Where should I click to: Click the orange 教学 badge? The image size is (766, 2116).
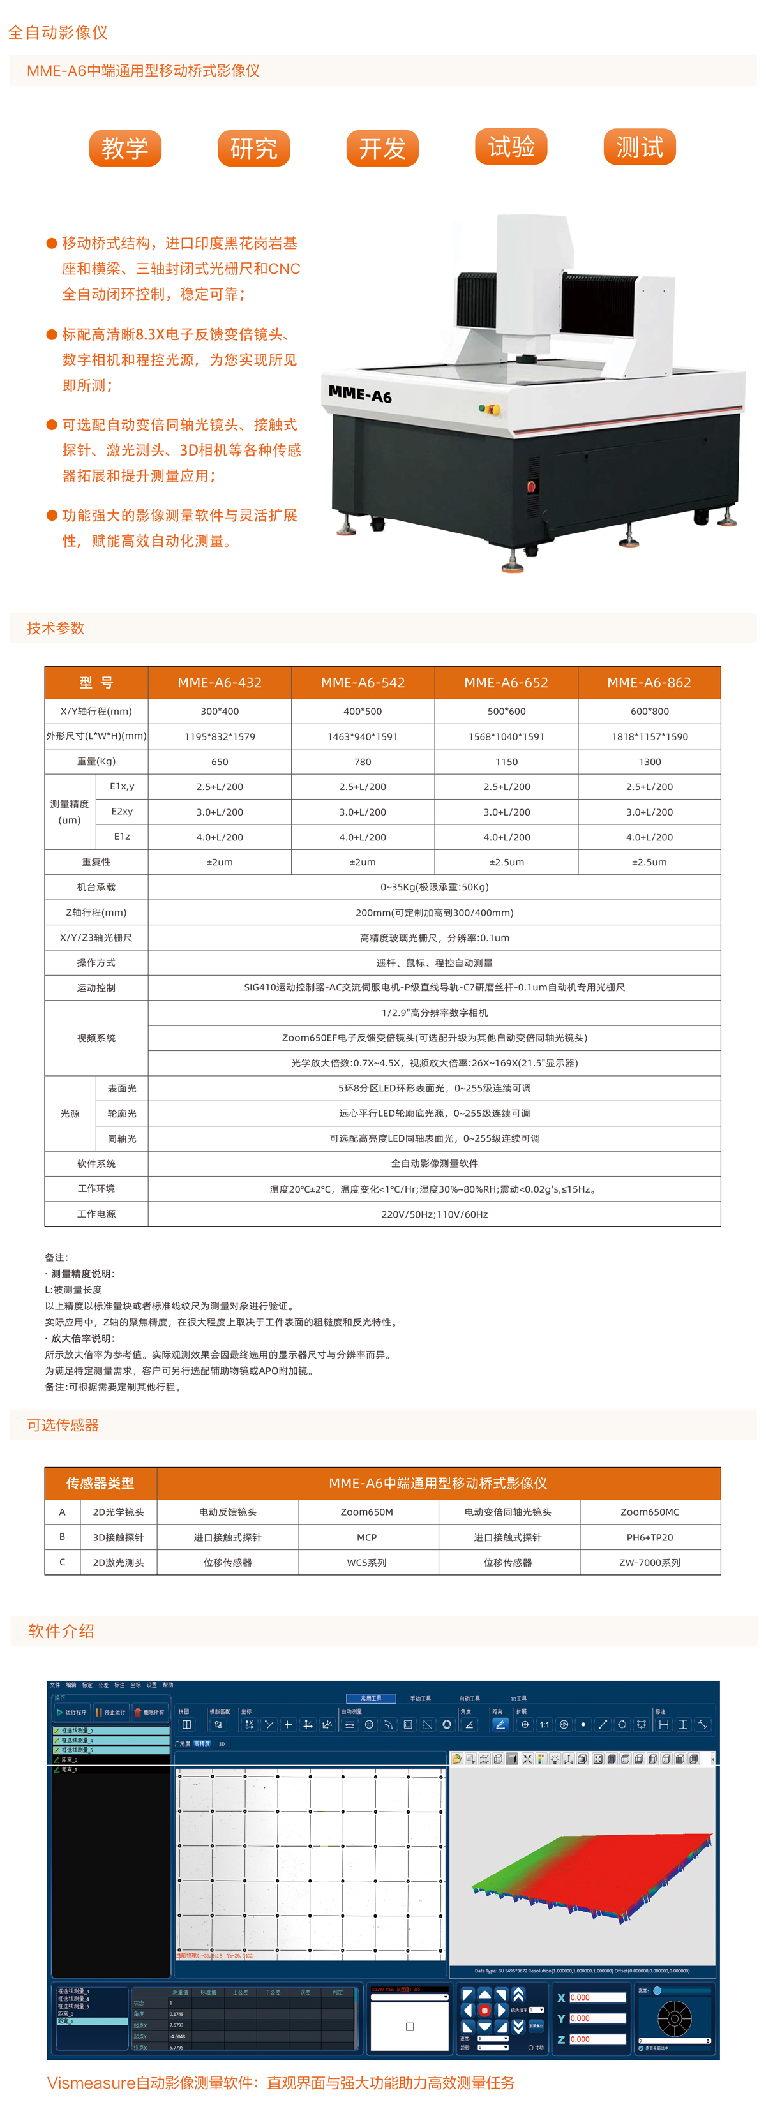coord(125,149)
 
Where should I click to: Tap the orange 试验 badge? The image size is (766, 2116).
coord(511,147)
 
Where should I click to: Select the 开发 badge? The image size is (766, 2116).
coord(382,149)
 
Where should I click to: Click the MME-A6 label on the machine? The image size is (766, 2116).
coord(360,394)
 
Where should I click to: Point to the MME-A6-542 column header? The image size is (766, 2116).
coord(363,683)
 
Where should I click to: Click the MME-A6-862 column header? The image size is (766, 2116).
coord(649,683)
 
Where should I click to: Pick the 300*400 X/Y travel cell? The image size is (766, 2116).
coord(220,712)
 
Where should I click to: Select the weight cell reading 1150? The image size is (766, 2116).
coord(506,761)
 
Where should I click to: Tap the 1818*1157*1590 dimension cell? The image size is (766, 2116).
coord(649,737)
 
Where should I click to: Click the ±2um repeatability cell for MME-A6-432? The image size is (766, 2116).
coord(220,861)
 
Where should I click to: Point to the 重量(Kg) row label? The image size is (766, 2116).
coord(96,761)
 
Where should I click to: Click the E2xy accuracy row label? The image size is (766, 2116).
coord(122,812)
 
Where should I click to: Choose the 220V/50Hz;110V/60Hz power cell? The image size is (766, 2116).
coord(434,1214)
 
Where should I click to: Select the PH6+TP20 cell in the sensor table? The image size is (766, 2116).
coord(649,1537)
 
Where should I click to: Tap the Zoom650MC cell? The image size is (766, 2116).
coord(649,1512)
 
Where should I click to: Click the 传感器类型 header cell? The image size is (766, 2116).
coord(100,1483)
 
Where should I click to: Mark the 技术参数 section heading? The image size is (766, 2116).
coord(56,629)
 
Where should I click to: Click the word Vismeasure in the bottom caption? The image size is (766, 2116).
coord(91,2082)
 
